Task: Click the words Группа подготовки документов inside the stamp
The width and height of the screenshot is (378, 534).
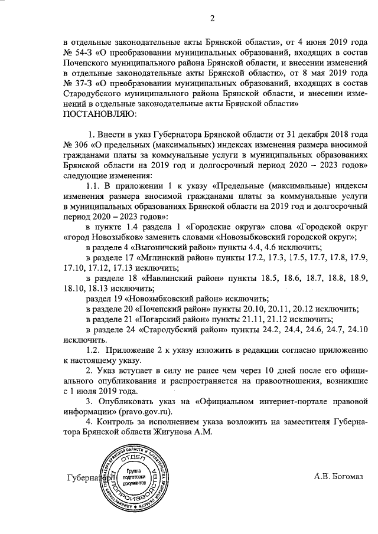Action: tap(138, 476)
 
